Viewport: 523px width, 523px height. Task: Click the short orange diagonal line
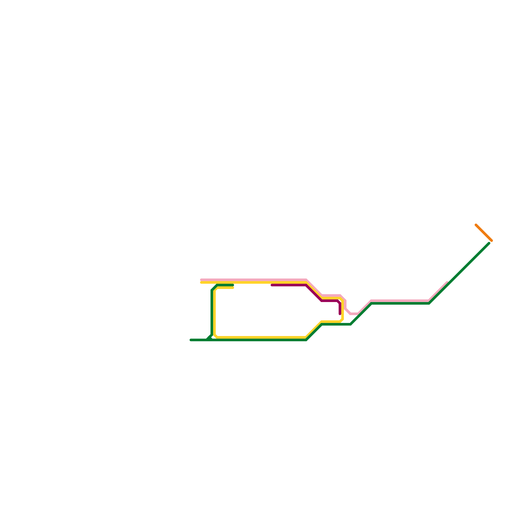484,233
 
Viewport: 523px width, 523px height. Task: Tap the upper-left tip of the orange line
476,225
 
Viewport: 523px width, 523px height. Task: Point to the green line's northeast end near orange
489,243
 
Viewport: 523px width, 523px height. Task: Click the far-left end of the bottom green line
191,340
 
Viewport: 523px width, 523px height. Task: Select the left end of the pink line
201,280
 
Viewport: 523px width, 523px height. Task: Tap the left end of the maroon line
272,285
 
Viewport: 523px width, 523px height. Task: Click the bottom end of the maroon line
340,314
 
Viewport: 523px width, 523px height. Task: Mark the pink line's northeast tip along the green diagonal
447,282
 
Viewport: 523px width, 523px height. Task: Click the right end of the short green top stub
233,285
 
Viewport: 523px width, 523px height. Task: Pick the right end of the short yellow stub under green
233,288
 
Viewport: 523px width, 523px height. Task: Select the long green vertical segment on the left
212,312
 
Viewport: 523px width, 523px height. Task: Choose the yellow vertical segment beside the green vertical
214,312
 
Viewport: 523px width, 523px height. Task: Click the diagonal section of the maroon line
314,293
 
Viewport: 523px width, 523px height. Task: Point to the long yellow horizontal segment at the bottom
261,337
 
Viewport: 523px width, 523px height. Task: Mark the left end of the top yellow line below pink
201,282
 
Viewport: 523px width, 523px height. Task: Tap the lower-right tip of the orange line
491,241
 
